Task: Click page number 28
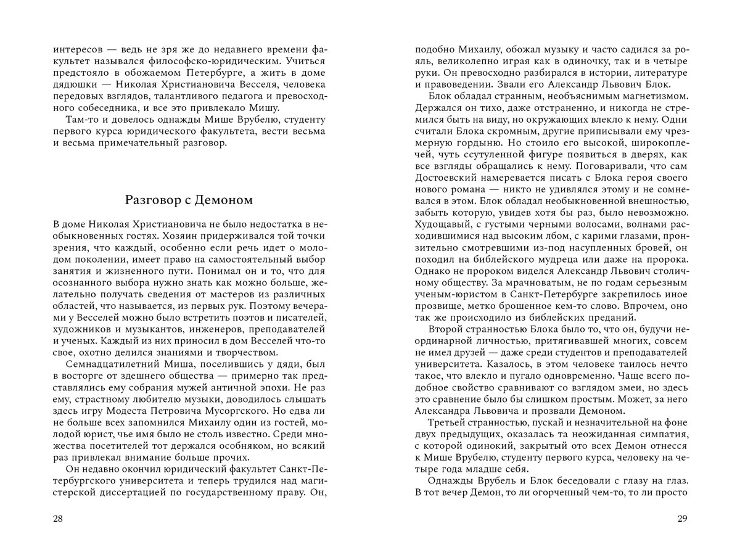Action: coord(58,519)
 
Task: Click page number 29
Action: coord(681,519)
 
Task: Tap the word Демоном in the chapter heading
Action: coord(222,200)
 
